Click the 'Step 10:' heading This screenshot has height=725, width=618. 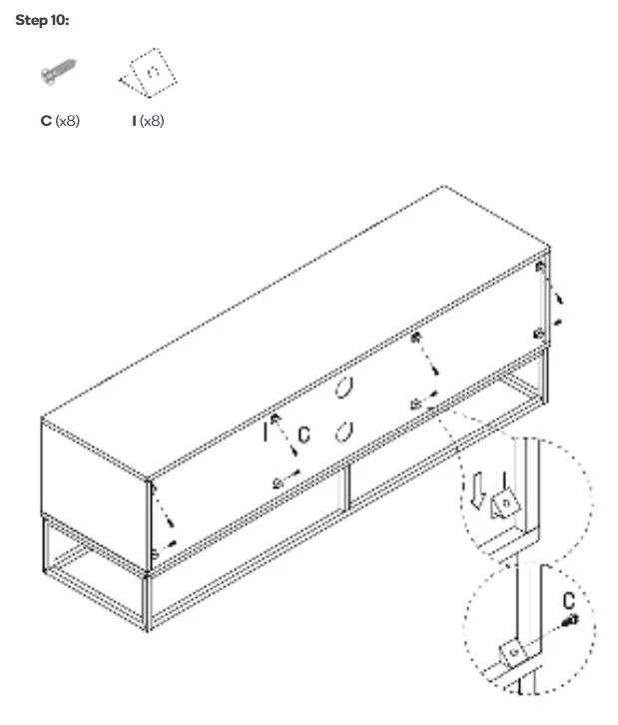point(42,21)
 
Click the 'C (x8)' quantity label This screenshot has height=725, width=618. point(60,121)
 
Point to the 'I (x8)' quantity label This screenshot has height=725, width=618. point(147,121)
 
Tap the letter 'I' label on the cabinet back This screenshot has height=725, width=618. point(267,432)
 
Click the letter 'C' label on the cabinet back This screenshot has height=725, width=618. point(306,434)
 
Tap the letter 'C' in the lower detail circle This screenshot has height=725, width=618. point(568,601)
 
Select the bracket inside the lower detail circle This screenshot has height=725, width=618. point(513,650)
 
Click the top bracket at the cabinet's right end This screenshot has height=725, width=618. point(540,268)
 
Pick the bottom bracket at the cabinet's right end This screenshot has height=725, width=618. point(538,334)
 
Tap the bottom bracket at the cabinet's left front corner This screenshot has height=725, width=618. point(154,553)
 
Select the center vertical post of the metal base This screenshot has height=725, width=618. point(345,488)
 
